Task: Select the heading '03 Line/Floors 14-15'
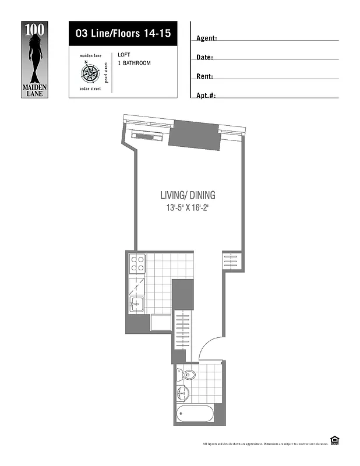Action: tap(123, 33)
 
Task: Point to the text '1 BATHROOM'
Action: tap(134, 63)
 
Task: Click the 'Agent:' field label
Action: tap(207, 38)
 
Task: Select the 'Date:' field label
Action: tap(204, 58)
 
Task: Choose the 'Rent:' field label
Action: tap(204, 76)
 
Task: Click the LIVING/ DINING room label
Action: tap(183, 196)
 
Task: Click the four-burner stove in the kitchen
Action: tap(137, 264)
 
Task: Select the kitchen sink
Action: tap(136, 304)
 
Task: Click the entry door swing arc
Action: tap(209, 346)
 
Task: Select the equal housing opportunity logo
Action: tap(334, 440)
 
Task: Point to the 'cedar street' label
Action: tap(90, 89)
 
